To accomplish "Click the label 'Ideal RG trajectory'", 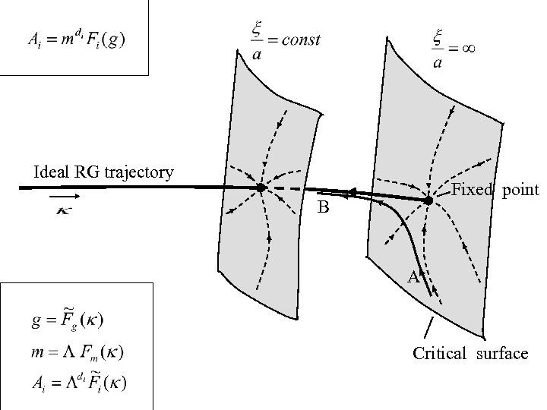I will (x=104, y=172).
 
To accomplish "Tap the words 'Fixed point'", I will (x=495, y=190).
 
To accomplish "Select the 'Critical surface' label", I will (x=470, y=353).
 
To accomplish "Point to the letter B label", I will (x=323, y=207).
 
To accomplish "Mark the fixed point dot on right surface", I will (x=428, y=200).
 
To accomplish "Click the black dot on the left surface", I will (x=260, y=188).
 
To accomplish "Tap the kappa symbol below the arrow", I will (x=65, y=210).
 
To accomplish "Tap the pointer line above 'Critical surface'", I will (x=428, y=329).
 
